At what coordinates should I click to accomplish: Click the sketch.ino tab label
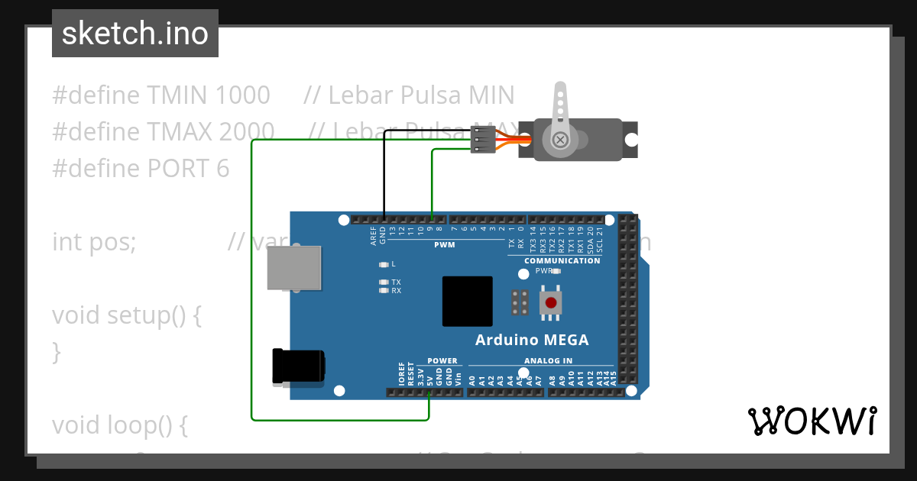[135, 34]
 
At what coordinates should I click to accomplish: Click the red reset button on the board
[550, 302]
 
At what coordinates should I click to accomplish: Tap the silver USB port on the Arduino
[294, 267]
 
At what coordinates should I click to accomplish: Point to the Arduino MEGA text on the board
[532, 340]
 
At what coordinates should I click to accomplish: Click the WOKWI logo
[812, 421]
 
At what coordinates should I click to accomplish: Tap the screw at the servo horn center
[560, 140]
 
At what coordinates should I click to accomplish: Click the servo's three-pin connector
[483, 140]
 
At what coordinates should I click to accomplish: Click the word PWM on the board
[444, 245]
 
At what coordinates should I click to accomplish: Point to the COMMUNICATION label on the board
[562, 261]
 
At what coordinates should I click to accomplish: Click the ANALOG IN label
[548, 361]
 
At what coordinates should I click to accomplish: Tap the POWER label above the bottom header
[442, 361]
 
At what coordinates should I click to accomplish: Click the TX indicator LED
[384, 282]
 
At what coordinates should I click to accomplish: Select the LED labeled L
[384, 264]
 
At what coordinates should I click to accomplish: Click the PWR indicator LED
[556, 271]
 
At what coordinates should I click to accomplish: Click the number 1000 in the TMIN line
[242, 95]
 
